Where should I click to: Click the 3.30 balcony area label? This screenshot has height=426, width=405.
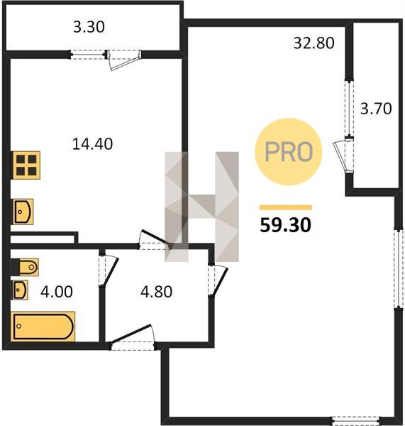click(x=89, y=27)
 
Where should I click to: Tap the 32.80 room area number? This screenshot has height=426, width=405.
click(x=314, y=43)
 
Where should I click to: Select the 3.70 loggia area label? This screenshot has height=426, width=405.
click(x=376, y=109)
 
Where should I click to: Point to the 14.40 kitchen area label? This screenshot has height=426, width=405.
click(x=93, y=143)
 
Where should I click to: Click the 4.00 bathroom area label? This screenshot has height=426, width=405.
click(x=57, y=292)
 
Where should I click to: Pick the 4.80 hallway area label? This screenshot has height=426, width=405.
click(x=156, y=292)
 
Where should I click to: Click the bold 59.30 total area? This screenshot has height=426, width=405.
click(x=285, y=225)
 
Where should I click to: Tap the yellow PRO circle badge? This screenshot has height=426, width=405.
click(x=288, y=152)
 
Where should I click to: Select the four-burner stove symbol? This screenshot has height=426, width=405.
click(x=26, y=165)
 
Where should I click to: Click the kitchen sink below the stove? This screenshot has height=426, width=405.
click(x=23, y=212)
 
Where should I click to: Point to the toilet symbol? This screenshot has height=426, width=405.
click(x=25, y=267)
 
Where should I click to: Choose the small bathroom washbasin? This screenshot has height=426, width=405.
click(x=20, y=290)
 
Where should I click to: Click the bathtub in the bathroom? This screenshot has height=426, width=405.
click(x=43, y=327)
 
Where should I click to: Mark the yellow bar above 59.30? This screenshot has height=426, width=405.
click(x=286, y=207)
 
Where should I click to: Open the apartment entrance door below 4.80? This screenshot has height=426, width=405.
click(x=132, y=337)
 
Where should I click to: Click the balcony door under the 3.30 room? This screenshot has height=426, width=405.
click(x=123, y=60)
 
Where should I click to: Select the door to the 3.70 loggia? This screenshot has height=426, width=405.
click(x=343, y=155)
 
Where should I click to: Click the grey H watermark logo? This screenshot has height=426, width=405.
click(x=201, y=207)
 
